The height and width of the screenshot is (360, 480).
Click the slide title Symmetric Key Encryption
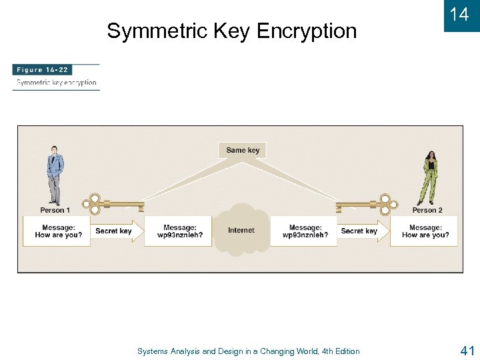pos(231,31)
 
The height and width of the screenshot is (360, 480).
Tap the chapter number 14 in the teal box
pos(459,15)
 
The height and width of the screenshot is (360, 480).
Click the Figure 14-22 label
pos(43,70)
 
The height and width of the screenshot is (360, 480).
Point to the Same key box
pos(242,150)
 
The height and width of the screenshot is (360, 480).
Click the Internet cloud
pos(241,231)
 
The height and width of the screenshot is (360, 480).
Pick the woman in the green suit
pos(429,177)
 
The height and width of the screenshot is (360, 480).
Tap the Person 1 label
pos(55,210)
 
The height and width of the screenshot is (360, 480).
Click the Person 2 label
pos(427,210)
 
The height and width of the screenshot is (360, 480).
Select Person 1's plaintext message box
pos(57,231)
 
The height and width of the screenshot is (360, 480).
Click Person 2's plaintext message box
pos(425,231)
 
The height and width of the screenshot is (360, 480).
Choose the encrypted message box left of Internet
pos(179,231)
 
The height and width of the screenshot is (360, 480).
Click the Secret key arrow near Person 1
pos(117,231)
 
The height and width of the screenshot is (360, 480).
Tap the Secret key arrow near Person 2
pos(362,231)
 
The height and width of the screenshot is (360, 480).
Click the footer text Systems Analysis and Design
pos(248,351)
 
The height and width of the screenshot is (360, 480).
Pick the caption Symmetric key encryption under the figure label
pos(57,83)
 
